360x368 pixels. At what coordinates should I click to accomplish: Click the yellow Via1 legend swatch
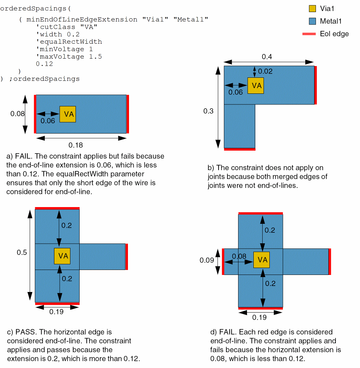tap(312, 9)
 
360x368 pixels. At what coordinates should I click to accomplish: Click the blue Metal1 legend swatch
tap(312, 21)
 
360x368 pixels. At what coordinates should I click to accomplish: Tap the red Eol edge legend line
tap(309, 34)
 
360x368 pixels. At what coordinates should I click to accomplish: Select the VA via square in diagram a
tap(68, 114)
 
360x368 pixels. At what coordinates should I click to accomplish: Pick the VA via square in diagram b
tap(256, 86)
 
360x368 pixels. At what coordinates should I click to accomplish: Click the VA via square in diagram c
tap(62, 256)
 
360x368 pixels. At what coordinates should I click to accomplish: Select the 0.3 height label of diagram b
tap(208, 111)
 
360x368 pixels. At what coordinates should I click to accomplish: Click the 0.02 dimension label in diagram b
tap(265, 71)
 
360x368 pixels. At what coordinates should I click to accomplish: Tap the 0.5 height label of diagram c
tap(22, 252)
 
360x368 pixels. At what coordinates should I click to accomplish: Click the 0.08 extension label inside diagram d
tap(239, 256)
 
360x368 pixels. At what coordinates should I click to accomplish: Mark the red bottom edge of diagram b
tap(240, 149)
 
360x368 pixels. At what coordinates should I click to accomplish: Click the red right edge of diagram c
tap(127, 256)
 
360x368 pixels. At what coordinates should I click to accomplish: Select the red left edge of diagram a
tap(35, 114)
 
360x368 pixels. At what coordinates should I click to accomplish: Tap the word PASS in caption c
tap(26, 332)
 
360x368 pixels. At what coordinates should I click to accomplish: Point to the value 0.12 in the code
tap(44, 64)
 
